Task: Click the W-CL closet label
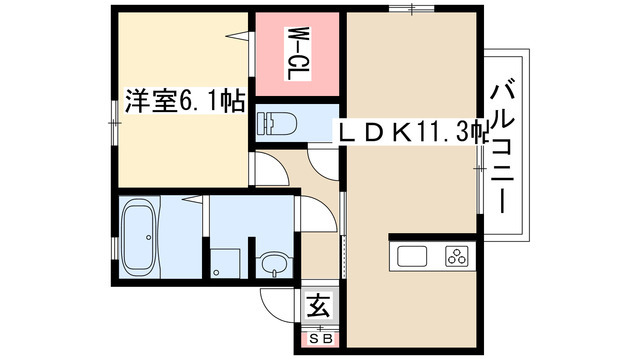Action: click(297, 55)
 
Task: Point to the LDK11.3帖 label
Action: click(410, 129)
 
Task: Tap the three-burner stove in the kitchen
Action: click(457, 257)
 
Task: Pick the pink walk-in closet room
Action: click(297, 55)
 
